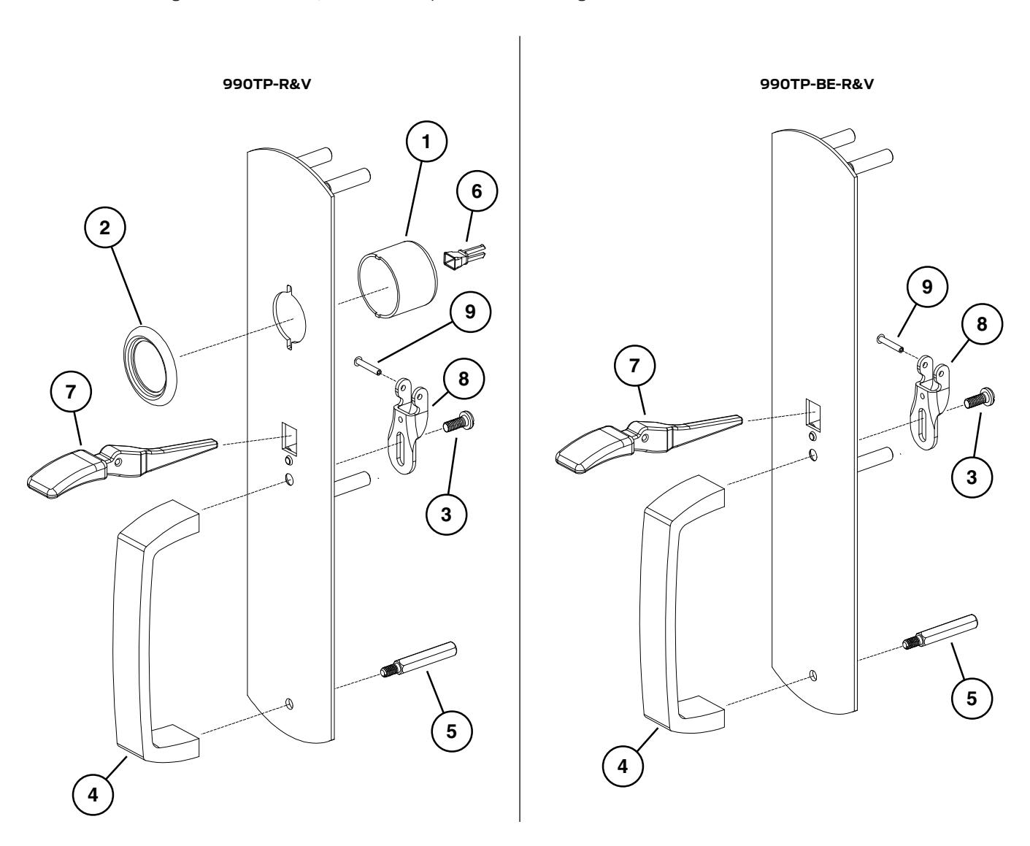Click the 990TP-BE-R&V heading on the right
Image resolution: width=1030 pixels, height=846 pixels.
[816, 84]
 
